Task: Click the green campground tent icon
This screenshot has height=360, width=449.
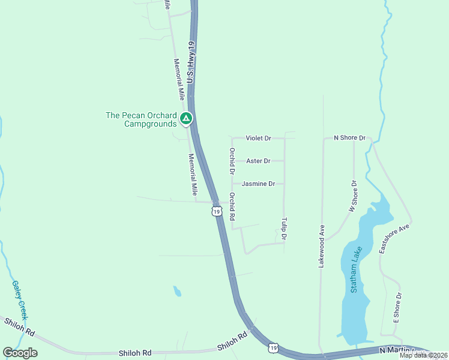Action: point(186,118)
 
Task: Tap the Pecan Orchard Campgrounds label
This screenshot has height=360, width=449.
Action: point(141,119)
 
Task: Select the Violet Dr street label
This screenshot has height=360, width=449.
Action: point(258,138)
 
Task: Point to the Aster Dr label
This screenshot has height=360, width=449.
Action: point(258,161)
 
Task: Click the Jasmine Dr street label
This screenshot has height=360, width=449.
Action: point(259,184)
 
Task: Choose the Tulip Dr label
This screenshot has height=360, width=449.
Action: point(284,230)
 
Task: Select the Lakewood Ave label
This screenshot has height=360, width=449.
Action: point(322,245)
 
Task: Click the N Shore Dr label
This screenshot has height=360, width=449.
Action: point(349,138)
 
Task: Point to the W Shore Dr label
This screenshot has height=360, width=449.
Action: point(353,196)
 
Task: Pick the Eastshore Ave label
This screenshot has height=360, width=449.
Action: point(394,239)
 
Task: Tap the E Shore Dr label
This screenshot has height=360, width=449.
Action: point(397,308)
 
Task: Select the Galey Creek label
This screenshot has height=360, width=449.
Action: point(20,300)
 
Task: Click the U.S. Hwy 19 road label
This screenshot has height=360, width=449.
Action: point(191,62)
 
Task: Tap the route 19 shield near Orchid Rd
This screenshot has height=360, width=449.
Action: point(216,211)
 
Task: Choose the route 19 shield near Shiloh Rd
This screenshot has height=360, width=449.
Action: point(273,347)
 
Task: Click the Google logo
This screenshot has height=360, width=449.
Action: point(20,353)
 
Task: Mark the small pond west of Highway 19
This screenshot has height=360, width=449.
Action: point(177,292)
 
